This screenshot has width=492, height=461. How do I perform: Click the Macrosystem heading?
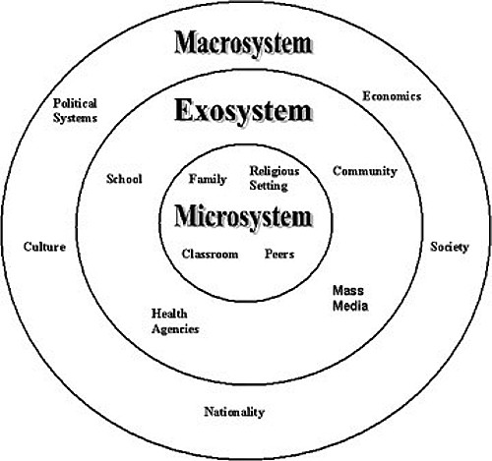[243, 43]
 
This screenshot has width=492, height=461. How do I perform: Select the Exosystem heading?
[243, 110]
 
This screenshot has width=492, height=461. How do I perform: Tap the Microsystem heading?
[243, 216]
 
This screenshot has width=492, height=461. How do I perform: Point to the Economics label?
[392, 96]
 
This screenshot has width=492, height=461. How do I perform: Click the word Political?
[75, 103]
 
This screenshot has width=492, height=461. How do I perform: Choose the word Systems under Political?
[76, 118]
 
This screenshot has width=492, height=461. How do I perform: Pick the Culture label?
[44, 247]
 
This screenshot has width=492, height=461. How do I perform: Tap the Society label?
[450, 247]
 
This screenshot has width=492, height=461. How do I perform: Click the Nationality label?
[234, 412]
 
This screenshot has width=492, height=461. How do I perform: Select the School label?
[124, 179]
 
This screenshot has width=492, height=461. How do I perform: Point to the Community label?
[365, 171]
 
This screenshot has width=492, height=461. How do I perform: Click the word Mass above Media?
[348, 290]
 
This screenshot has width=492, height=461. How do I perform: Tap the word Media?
[350, 306]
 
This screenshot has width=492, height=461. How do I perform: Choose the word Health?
[169, 314]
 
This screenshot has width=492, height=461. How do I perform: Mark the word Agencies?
[175, 329]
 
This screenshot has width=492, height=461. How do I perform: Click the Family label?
[208, 179]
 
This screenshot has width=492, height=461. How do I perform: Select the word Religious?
[275, 171]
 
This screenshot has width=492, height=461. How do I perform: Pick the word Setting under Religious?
[269, 186]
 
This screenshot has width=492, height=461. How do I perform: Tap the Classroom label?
[210, 254]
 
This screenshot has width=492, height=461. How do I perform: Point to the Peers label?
[279, 254]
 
